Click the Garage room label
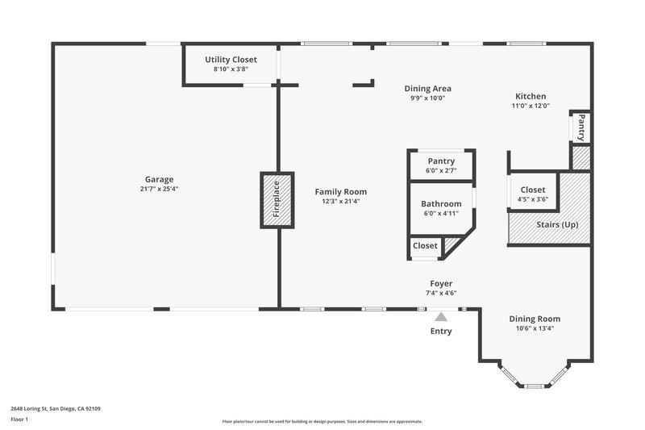[159, 179]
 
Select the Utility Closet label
[231, 60]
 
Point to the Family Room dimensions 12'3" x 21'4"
[340, 201]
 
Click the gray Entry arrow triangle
[441, 318]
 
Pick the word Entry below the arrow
[441, 332]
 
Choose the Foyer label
[441, 284]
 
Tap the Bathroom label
[441, 204]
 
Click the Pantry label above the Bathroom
[441, 161]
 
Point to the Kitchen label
[530, 96]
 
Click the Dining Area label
[427, 89]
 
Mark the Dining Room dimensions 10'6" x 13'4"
[535, 328]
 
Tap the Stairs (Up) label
[557, 223]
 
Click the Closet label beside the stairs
[532, 190]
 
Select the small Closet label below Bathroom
[425, 245]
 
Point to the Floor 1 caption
[19, 420]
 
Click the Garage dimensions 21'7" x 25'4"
[159, 189]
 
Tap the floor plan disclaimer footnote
[322, 421]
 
